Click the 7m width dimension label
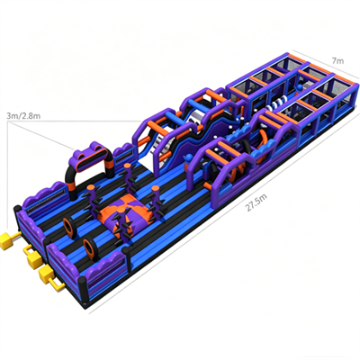[x=337, y=61]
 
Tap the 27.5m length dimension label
[x=256, y=202]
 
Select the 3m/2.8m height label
[x=23, y=116]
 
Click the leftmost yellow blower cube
[x=7, y=240]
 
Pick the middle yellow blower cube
[x=33, y=259]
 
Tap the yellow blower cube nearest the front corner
[x=46, y=275]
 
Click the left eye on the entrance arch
[x=83, y=155]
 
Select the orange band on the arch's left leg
[x=73, y=185]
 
